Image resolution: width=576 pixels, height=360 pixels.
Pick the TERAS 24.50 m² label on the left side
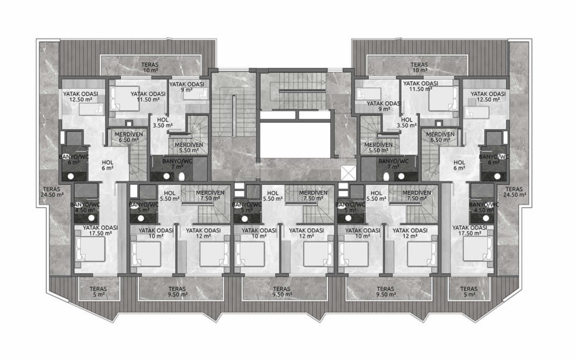(x=52, y=192)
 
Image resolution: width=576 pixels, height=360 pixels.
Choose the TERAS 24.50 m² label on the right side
(x=513, y=192)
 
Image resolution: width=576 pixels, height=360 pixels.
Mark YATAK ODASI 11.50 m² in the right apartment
(x=419, y=86)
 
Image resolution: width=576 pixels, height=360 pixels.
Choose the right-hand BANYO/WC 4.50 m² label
(x=486, y=207)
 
